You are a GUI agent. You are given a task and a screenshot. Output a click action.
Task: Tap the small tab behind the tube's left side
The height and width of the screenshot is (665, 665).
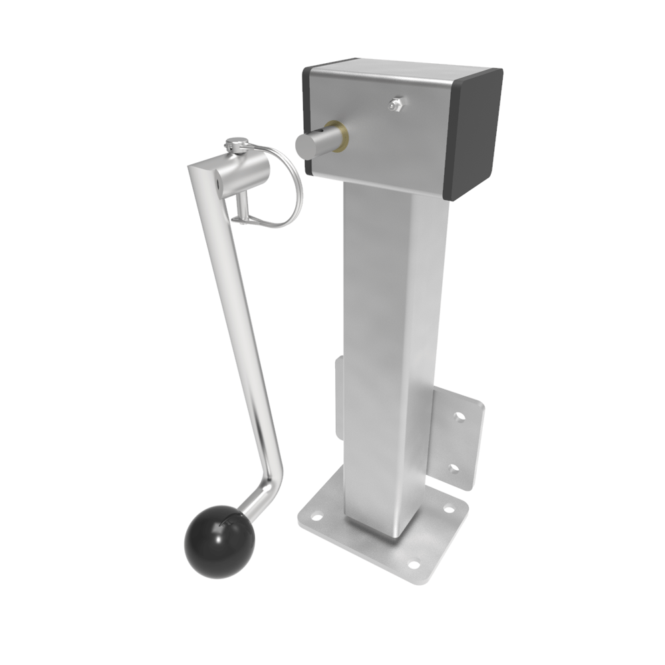click(338, 399)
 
